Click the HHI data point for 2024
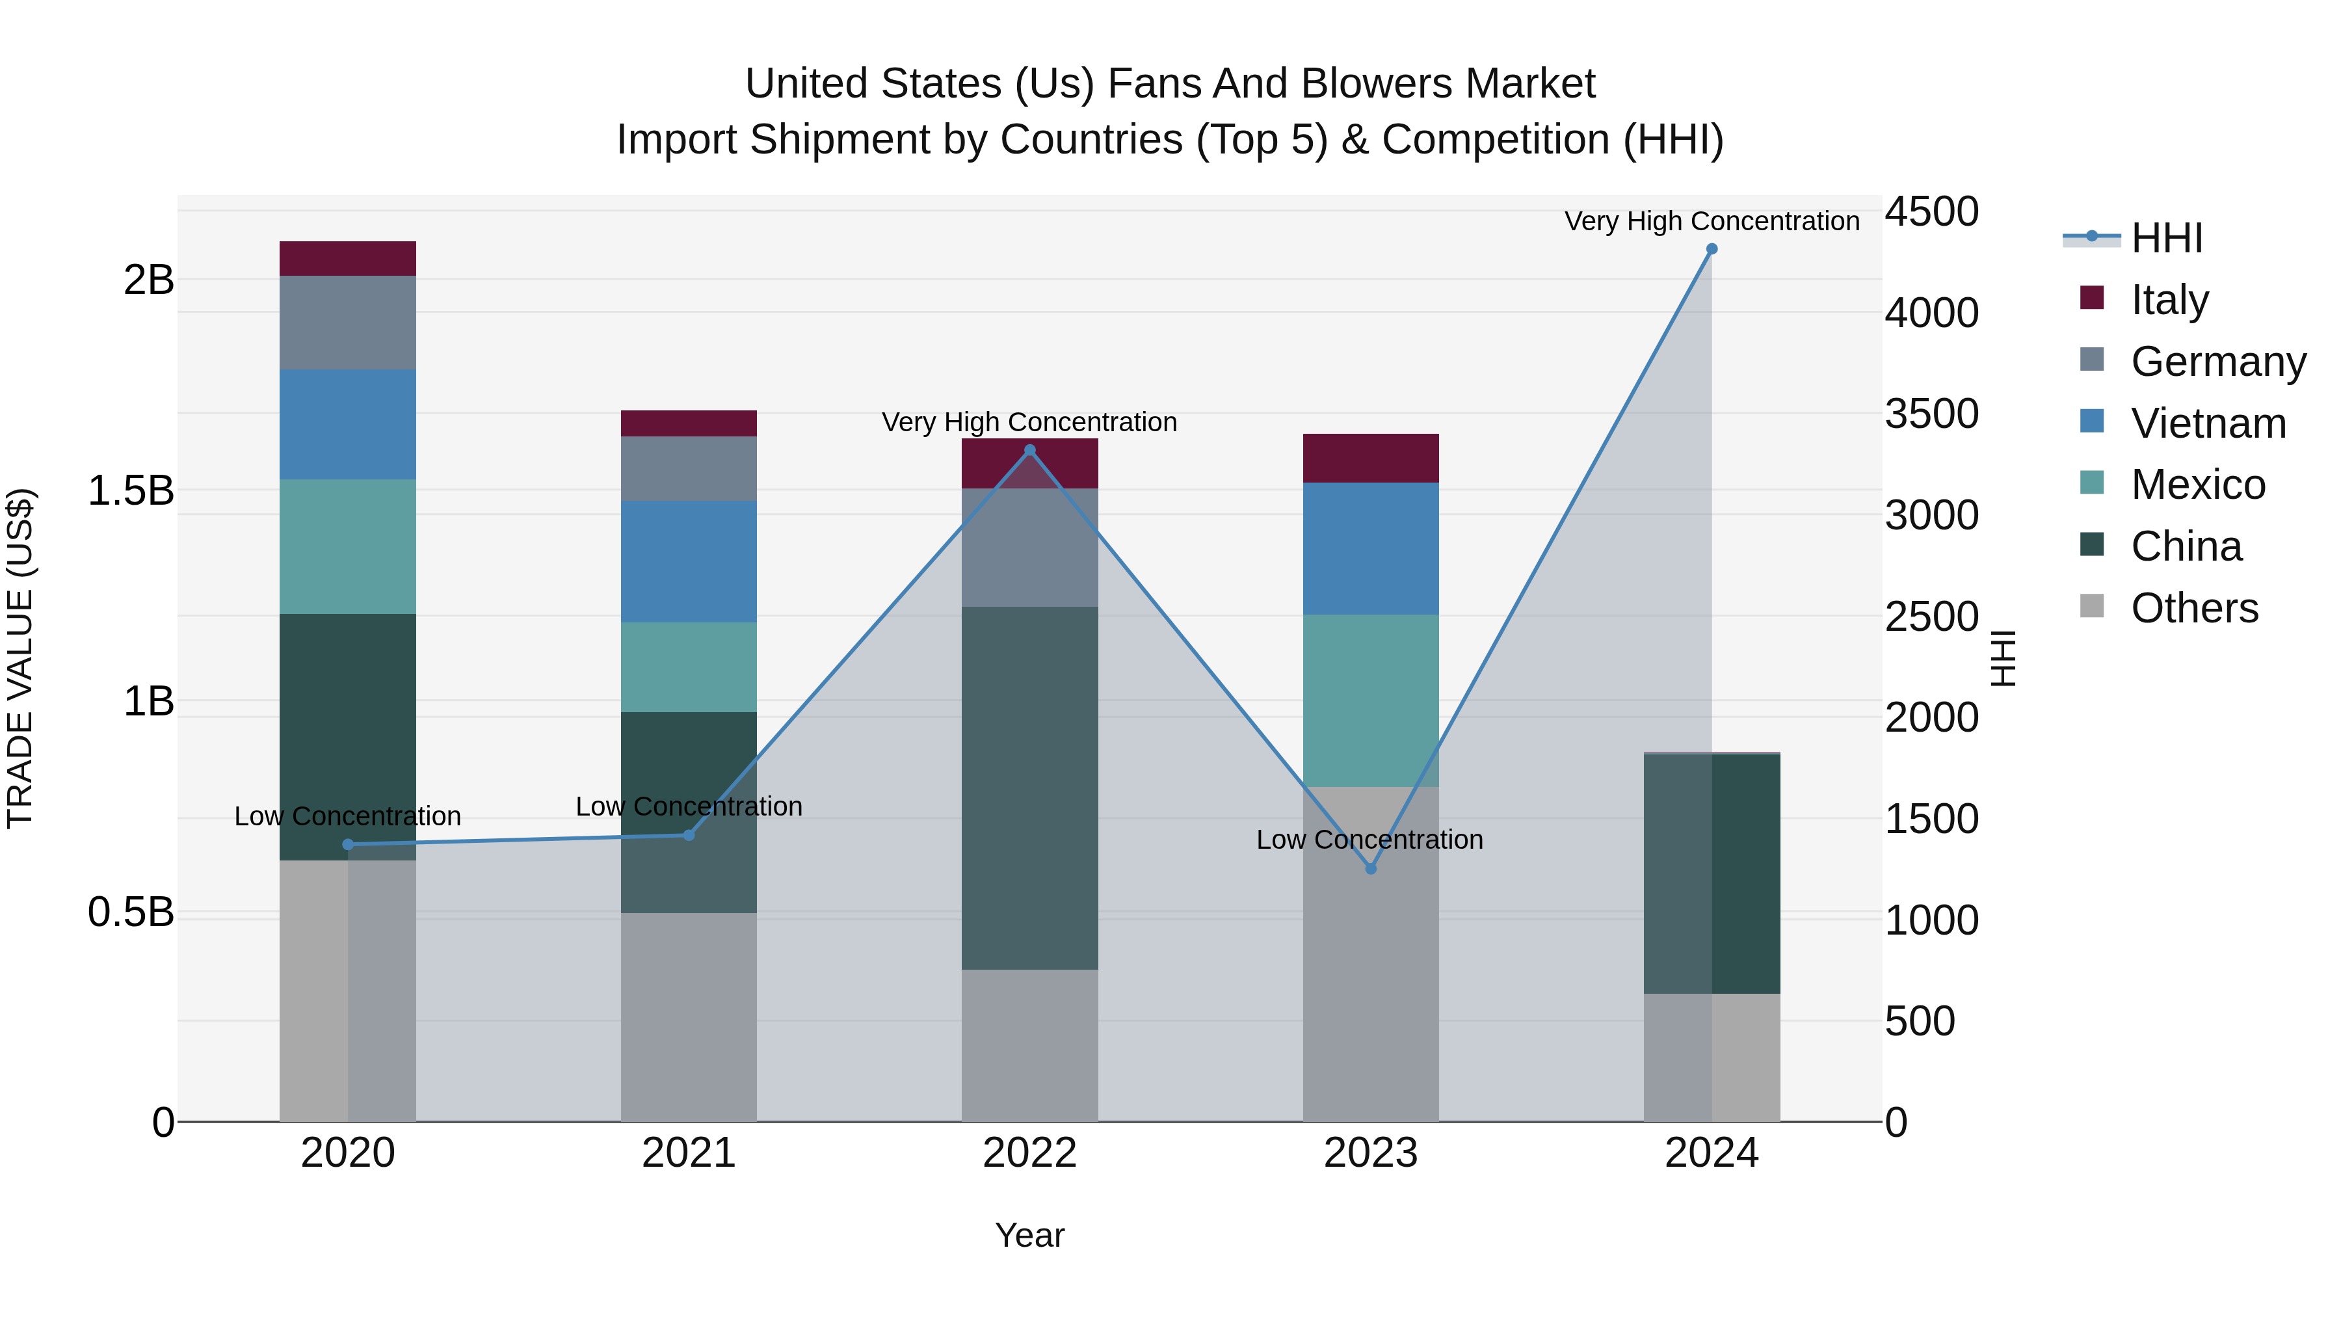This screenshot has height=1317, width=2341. pos(1712,249)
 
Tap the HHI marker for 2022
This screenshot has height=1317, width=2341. pos(1029,450)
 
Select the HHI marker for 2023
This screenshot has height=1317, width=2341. pos(1370,869)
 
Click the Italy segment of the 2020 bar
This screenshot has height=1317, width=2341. pos(347,258)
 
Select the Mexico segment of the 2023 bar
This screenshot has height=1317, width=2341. pos(1370,700)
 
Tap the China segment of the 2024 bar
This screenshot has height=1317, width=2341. pos(1712,873)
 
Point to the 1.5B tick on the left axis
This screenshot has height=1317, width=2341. pos(130,491)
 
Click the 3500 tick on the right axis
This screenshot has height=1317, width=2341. pos(1931,414)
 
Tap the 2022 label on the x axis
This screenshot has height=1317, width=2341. pos(1029,1153)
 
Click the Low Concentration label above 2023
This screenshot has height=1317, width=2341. pos(1369,840)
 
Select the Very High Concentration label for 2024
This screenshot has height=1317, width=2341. pos(1712,221)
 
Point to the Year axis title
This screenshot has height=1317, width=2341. pos(1029,1235)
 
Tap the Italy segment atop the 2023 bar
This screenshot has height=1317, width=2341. pos(1370,458)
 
